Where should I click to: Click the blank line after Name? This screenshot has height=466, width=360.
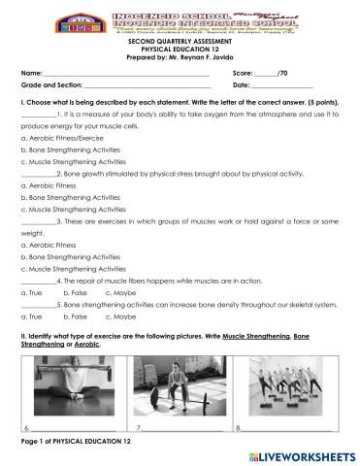tap(126, 74)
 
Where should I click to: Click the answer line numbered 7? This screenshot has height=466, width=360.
tap(186, 427)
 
